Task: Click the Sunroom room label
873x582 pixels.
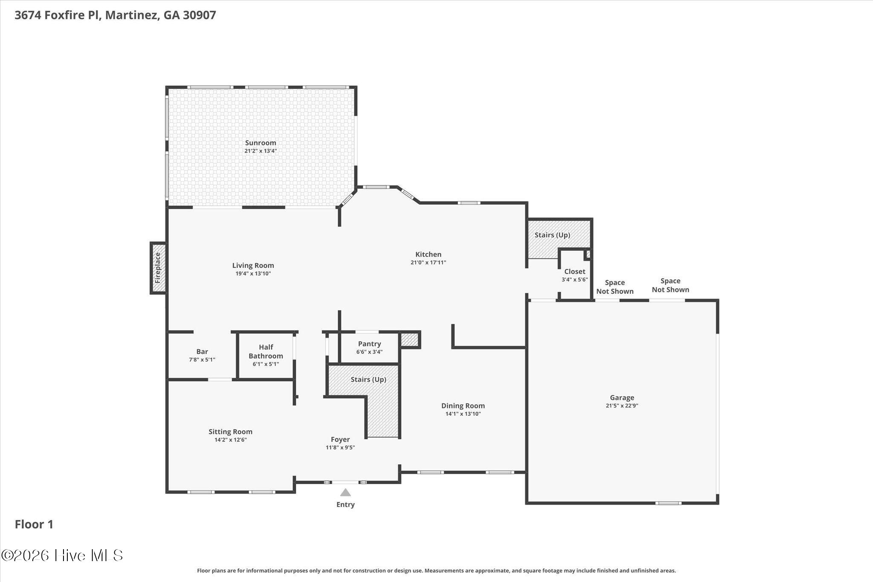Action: click(x=260, y=143)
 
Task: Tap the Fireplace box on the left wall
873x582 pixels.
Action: click(x=158, y=268)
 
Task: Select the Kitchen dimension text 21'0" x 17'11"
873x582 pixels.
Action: click(x=428, y=263)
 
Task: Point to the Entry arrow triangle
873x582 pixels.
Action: click(x=345, y=492)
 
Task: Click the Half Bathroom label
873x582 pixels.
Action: click(x=266, y=352)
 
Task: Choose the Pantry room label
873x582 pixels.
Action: click(x=370, y=344)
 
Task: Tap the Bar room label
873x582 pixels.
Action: click(x=202, y=351)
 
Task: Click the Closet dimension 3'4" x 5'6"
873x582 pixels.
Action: click(x=575, y=280)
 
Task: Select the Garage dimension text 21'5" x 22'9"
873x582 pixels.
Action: click(x=622, y=406)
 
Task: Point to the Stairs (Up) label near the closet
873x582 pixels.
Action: click(x=552, y=235)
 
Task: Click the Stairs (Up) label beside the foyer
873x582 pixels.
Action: click(x=368, y=379)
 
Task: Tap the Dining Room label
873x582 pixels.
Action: click(x=463, y=405)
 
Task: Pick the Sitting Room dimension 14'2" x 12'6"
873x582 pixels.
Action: click(x=231, y=440)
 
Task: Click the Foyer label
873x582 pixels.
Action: click(x=340, y=439)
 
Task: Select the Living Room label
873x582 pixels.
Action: click(x=253, y=265)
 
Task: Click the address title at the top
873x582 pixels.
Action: click(x=116, y=15)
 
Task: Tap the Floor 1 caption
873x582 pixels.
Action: click(x=34, y=524)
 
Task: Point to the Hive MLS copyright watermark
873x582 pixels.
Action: click(x=62, y=555)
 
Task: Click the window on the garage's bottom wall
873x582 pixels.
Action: click(x=668, y=503)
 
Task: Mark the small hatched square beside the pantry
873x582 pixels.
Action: click(x=410, y=340)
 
